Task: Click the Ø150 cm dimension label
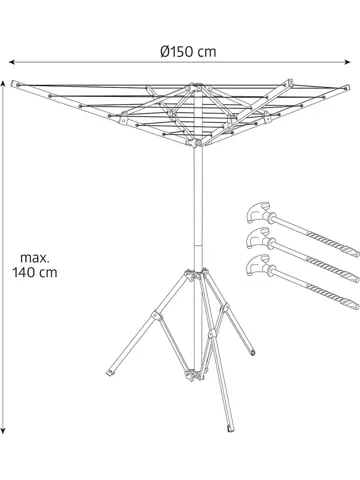tap(189, 51)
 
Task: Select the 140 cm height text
tap(34, 271)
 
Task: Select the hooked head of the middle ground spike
tap(254, 238)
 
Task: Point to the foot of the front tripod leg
tap(230, 433)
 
